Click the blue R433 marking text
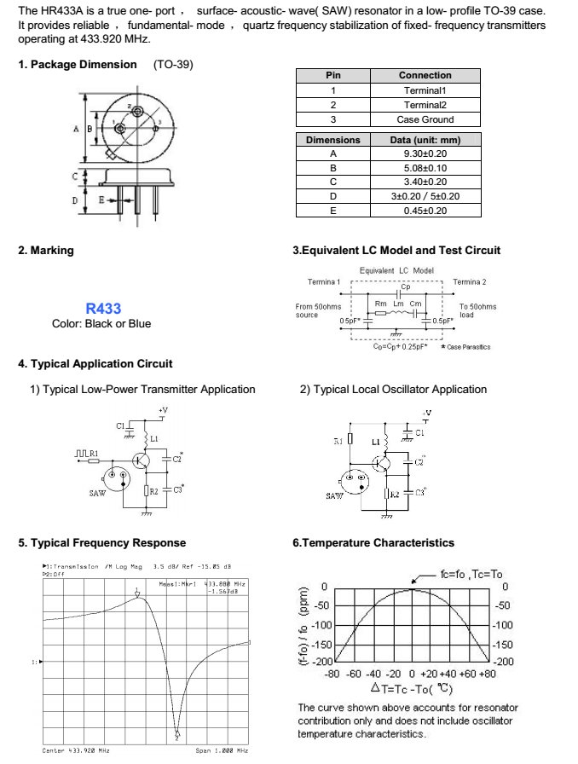click(x=103, y=309)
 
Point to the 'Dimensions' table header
click(x=332, y=140)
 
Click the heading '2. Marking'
click(x=46, y=251)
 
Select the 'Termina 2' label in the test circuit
click(x=469, y=282)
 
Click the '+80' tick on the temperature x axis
click(x=487, y=673)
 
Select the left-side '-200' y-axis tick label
click(x=319, y=662)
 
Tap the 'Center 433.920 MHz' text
click(x=76, y=750)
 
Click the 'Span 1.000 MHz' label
click(x=222, y=750)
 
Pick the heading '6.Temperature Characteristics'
click(x=373, y=543)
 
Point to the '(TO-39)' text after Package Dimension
click(x=173, y=65)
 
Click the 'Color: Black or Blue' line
click(x=101, y=324)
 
